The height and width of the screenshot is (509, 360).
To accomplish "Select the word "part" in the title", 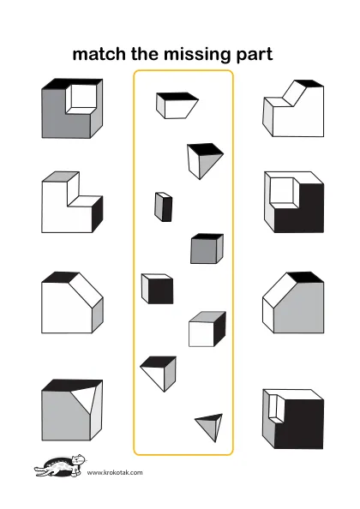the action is [x=255, y=55].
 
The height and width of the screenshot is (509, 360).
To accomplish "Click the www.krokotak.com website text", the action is [x=115, y=472].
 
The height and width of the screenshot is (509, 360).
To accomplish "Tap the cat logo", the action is [x=61, y=465].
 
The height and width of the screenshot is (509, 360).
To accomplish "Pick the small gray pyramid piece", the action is [x=209, y=428].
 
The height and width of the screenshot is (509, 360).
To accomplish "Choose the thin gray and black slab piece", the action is [x=163, y=207].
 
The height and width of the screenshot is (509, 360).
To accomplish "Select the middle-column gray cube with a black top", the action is [x=207, y=249].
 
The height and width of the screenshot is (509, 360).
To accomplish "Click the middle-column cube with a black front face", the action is [x=157, y=289].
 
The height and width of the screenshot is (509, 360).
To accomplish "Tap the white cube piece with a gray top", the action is [x=207, y=329].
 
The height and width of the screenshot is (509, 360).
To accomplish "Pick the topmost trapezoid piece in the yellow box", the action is [x=177, y=105].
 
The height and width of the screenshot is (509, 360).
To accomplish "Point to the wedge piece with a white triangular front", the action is [x=159, y=374].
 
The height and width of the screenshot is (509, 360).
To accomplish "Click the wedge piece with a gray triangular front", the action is [x=205, y=161].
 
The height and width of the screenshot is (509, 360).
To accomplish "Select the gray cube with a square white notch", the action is [x=72, y=108].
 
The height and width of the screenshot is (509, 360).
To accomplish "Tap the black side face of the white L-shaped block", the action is [x=98, y=213].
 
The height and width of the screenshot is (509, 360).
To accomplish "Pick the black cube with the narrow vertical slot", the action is [x=293, y=419].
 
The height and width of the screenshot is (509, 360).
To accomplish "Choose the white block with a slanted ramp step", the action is [x=293, y=109].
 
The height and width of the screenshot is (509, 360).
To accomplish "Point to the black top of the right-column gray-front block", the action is [x=305, y=278].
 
